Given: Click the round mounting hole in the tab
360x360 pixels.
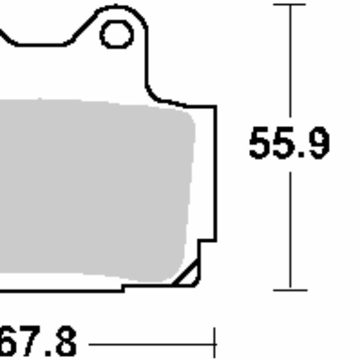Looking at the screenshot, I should [x=116, y=34].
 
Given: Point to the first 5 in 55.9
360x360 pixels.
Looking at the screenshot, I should [x=262, y=144].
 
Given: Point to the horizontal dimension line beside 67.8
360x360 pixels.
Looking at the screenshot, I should [x=150, y=345].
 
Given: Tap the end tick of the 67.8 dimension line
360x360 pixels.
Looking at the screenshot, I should [x=214, y=344].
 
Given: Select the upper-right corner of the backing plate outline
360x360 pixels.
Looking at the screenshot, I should [x=214, y=107].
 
